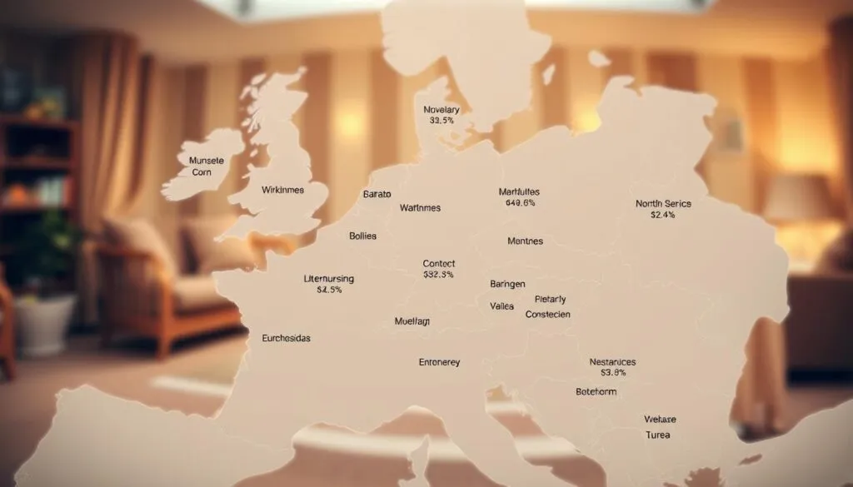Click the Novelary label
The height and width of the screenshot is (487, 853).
coord(441,110)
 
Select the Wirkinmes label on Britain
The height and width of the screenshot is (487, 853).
coord(283,190)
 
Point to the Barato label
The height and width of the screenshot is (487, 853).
coord(377,194)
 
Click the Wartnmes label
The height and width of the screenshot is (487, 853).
coord(420,207)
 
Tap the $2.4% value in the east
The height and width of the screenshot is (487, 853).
coord(662,215)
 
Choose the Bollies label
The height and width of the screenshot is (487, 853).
coord(362,236)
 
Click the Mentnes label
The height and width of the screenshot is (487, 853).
coord(525,241)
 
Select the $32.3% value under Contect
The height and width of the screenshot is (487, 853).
coord(438,275)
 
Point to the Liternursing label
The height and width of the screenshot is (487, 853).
coord(329,278)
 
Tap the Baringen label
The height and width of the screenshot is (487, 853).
coord(507,284)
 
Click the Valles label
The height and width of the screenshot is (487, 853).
coord(502,306)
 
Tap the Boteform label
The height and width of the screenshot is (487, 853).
coord(596,391)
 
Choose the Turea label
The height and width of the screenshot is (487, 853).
coord(657,435)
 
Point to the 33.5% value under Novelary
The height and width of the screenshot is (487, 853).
coord(441,121)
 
